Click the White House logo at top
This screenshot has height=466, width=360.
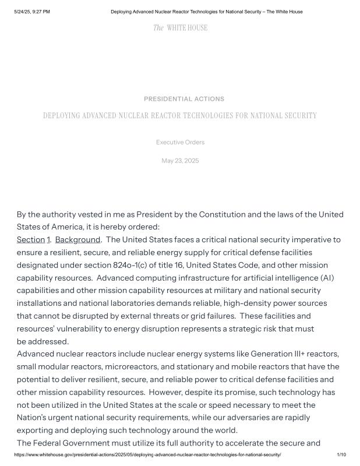[180, 28]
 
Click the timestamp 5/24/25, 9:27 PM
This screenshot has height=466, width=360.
[32, 12]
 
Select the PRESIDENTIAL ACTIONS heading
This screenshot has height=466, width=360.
[183, 99]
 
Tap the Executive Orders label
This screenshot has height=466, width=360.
[180, 142]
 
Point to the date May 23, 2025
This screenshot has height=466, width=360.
[180, 161]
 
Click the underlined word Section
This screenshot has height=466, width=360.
[31, 240]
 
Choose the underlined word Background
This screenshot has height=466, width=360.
[77, 240]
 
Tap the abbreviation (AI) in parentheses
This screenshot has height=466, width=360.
[327, 278]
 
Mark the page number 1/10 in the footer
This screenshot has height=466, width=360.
[341, 454]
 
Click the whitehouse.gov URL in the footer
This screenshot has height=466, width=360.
[148, 454]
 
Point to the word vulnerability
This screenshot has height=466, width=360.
[85, 329]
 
